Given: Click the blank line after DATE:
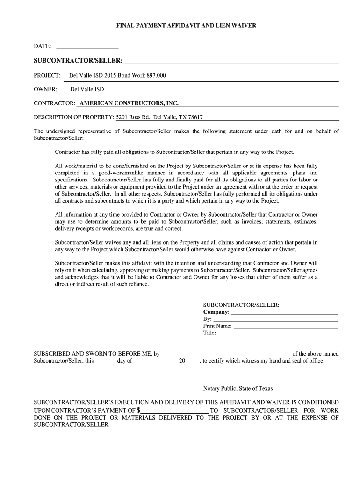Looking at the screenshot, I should (x=87, y=47).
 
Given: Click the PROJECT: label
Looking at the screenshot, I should (x=47, y=75).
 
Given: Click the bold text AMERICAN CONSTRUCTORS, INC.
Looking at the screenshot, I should (x=129, y=103).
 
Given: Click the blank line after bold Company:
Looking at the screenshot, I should (x=284, y=312).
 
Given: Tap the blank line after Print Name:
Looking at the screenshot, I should (x=285, y=327).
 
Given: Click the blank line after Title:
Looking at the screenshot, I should (x=277, y=334).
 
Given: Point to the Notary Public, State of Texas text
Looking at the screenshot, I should (x=238, y=389).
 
